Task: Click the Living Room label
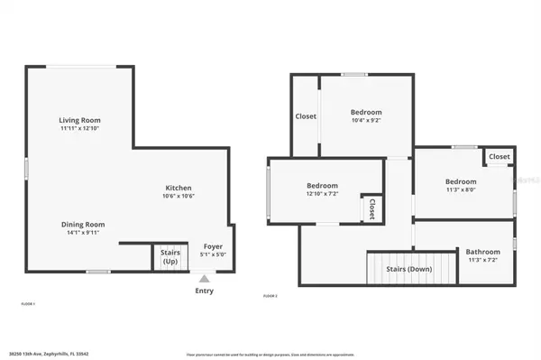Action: pos(79,120)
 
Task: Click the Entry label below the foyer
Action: pos(205,291)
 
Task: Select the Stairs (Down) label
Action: pos(409,269)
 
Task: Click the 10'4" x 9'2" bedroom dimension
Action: pos(367,121)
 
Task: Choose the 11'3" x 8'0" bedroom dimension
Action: pos(461,189)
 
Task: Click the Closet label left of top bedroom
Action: pos(306,116)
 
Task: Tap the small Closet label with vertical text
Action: pos(371,209)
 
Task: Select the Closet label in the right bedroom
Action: pos(500,156)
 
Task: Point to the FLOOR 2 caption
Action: pos(270,296)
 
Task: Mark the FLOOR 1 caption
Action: pos(28,304)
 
